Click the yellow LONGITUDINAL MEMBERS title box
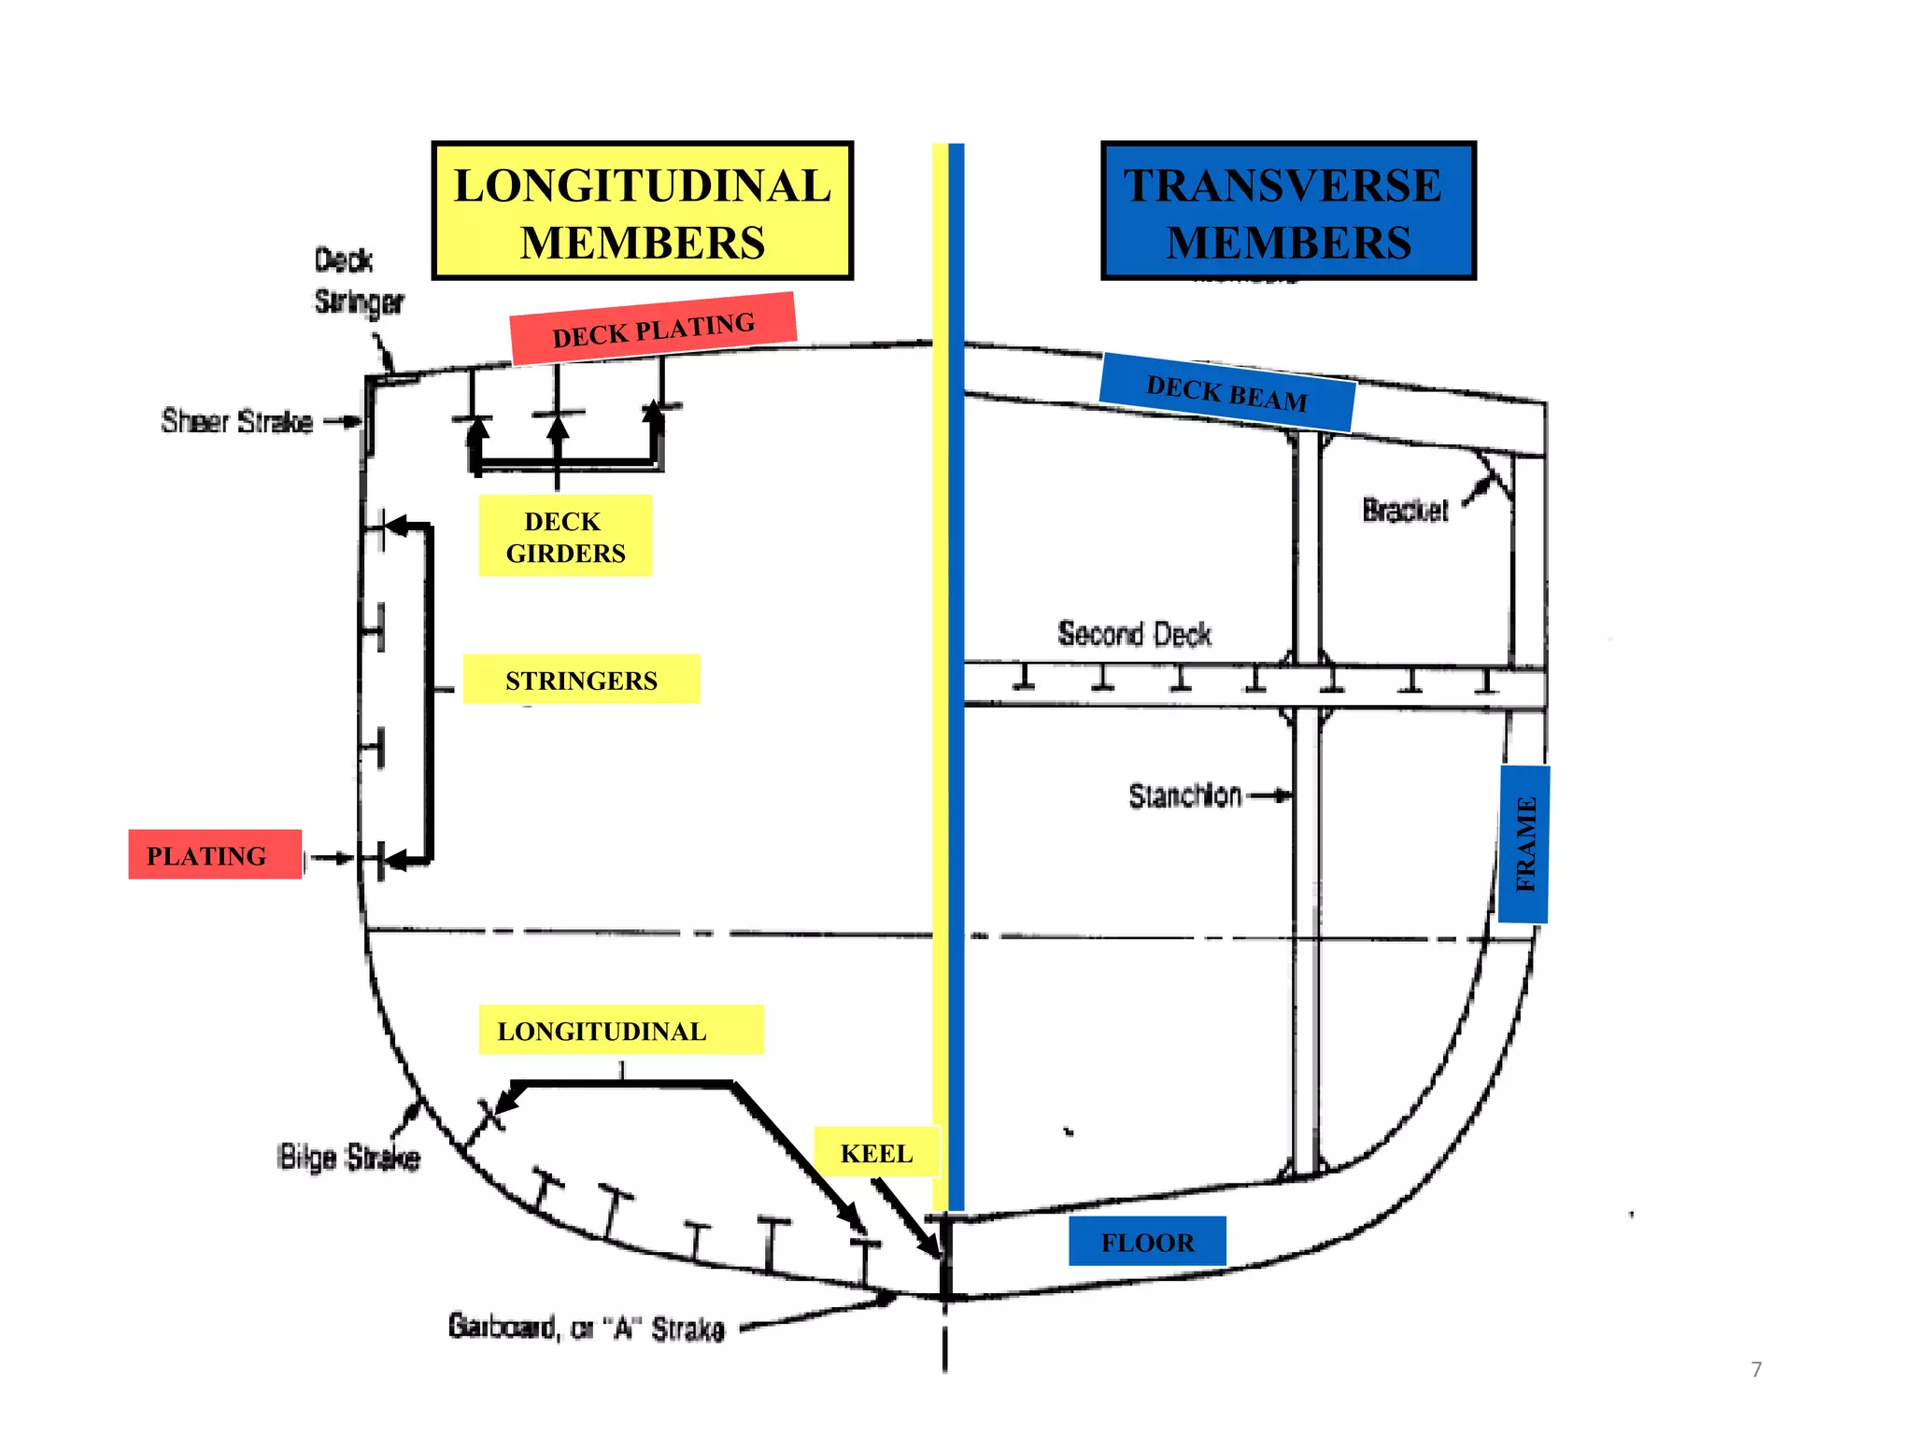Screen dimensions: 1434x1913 coord(643,211)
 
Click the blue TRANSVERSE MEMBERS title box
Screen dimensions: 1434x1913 coord(1288,211)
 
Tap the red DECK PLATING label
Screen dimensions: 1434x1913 coord(653,330)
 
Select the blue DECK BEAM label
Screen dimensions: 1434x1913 coord(1226,393)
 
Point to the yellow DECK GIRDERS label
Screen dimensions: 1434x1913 coord(565,536)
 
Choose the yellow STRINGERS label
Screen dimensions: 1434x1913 coord(581,680)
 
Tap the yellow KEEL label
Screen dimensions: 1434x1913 coord(876,1153)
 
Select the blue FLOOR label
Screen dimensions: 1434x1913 coord(1147,1242)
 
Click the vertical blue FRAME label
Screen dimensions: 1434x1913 coord(1523,844)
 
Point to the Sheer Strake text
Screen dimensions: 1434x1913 coord(236,422)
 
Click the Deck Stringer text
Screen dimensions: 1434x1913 coord(358,281)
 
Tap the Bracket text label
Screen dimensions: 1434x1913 coord(1404,511)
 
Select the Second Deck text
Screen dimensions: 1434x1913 coord(1134,634)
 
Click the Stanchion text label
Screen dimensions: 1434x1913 coord(1184,795)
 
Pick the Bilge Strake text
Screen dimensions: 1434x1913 coord(348,1158)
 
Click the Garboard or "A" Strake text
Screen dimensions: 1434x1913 coord(586,1327)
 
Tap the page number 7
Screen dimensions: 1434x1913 coord(1756,1370)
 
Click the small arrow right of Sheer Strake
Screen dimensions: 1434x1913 coord(343,422)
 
